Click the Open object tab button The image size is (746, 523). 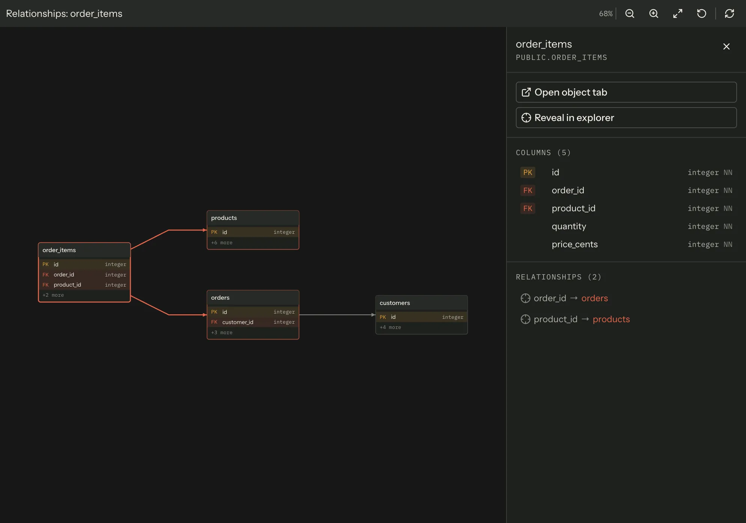(x=626, y=92)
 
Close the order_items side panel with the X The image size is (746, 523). (x=727, y=46)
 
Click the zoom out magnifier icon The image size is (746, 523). (x=630, y=13)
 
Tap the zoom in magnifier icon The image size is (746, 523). (x=654, y=13)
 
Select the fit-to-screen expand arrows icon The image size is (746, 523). (x=678, y=13)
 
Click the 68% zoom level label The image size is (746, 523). (x=606, y=13)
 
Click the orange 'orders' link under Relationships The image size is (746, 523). (x=595, y=298)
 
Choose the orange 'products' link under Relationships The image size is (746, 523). (x=611, y=319)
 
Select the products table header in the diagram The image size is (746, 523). (x=253, y=218)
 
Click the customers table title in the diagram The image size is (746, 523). (x=395, y=303)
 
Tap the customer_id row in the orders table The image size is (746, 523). (x=253, y=322)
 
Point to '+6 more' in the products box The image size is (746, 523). (x=222, y=243)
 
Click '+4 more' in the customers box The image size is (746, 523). (x=390, y=327)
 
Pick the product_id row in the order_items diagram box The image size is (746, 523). (x=84, y=285)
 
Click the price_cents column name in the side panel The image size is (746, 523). (x=575, y=244)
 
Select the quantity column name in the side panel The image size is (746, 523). (x=569, y=226)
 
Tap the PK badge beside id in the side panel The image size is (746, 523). (x=527, y=172)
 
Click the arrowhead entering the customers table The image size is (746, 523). (x=373, y=315)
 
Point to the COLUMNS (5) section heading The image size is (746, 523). (x=543, y=152)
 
